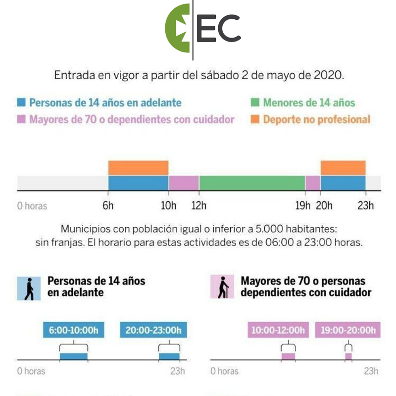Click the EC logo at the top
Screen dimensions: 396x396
tap(203, 28)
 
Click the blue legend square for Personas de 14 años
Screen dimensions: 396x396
tap(21, 103)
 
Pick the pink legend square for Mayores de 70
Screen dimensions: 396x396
tap(21, 119)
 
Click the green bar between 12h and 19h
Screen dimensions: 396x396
tap(252, 183)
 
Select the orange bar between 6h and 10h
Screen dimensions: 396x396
tap(138, 168)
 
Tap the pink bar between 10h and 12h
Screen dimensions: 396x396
tap(184, 183)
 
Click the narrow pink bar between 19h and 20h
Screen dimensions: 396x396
tap(312, 183)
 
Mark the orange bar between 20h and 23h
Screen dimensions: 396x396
tap(343, 168)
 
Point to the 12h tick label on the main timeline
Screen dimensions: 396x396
tap(199, 205)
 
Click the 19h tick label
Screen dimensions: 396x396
tap(303, 205)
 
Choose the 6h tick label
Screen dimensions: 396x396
tap(108, 205)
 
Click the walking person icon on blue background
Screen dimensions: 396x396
tap(29, 288)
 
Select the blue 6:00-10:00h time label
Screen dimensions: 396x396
tap(74, 330)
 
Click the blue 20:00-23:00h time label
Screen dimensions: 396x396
tap(153, 330)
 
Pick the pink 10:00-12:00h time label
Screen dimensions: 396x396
tap(278, 330)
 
